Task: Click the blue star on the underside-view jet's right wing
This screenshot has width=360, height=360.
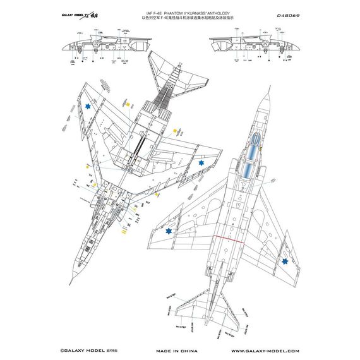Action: [201, 164]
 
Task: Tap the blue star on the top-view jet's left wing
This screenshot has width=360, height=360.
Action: [169, 232]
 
